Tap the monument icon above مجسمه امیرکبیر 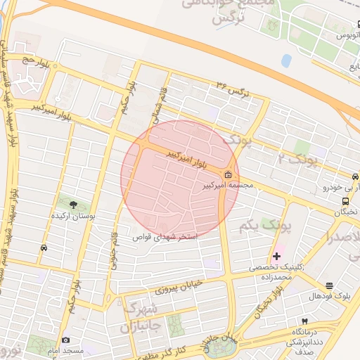(x=228, y=175)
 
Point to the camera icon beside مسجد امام (x=65, y=340)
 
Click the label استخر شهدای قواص (x=166, y=237)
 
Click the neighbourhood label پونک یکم (x=255, y=225)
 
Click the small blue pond (x=286, y=60)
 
